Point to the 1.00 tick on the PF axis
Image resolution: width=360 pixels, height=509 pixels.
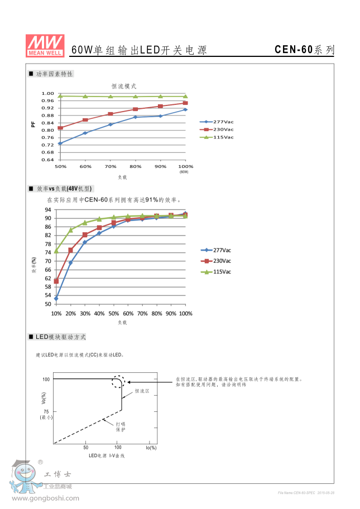point(48,94)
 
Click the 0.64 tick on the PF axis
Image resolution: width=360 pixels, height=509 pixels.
point(48,160)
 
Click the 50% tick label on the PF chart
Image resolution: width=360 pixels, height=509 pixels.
point(60,166)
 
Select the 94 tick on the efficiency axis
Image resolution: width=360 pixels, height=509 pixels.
point(48,210)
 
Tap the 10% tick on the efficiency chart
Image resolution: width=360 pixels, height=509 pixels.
point(56,314)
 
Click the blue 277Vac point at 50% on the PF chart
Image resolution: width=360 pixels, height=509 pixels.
point(60,143)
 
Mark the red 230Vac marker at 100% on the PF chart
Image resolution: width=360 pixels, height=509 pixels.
point(185,103)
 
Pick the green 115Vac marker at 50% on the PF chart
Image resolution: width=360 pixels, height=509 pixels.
point(60,96)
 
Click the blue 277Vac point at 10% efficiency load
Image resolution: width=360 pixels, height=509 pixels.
point(56,299)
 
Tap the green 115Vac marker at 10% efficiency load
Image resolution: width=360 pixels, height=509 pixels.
point(56,251)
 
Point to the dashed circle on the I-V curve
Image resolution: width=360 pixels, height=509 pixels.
point(118,382)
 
